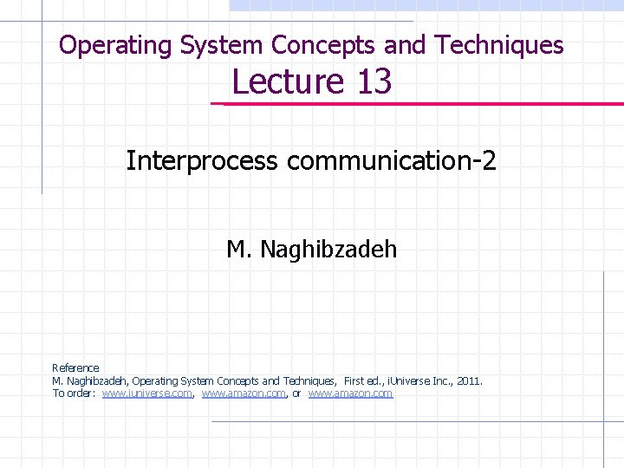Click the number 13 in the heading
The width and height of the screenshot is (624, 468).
(x=374, y=81)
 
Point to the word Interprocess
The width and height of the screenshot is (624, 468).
(x=202, y=160)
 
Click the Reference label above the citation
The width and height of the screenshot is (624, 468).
(x=75, y=368)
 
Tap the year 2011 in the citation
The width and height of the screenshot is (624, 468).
(x=467, y=380)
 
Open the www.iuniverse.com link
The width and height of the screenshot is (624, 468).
(x=146, y=393)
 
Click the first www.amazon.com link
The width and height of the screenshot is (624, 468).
(x=244, y=393)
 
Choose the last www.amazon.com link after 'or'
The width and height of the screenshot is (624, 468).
(x=350, y=393)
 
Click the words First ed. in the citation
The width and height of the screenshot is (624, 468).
(x=364, y=380)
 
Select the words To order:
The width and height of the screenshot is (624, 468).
(x=74, y=393)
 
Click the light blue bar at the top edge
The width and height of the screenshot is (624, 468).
(x=425, y=5)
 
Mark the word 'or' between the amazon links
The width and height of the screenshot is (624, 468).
(x=296, y=393)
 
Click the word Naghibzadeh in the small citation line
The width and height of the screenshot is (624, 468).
(x=97, y=380)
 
